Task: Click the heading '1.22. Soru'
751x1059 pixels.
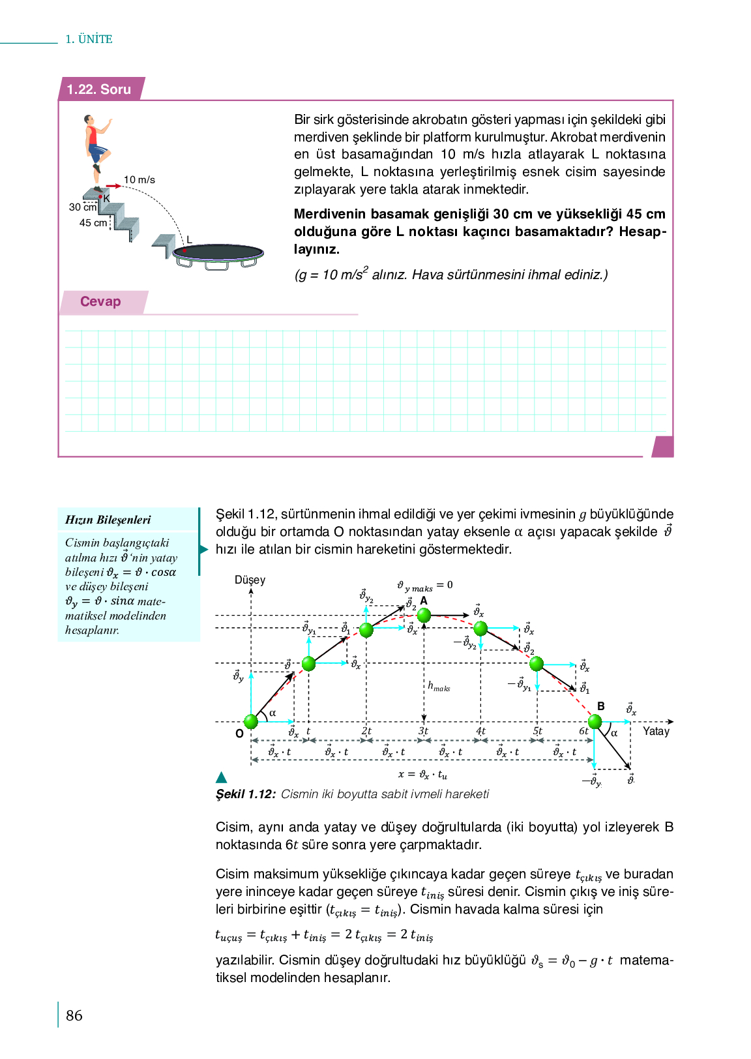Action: tap(99, 89)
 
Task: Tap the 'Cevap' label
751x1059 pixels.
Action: tap(100, 301)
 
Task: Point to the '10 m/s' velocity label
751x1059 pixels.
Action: tap(140, 180)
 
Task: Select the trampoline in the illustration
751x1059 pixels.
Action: tap(218, 254)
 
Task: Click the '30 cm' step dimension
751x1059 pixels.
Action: tap(82, 207)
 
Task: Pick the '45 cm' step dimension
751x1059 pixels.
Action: tap(93, 223)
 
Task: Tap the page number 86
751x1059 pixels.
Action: tap(74, 1015)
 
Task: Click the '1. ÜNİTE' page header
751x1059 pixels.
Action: tap(89, 39)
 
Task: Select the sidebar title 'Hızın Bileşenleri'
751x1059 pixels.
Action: tap(108, 520)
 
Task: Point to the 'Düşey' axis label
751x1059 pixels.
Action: tap(250, 580)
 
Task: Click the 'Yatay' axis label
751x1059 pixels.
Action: tap(656, 731)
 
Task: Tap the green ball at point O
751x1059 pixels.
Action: tap(251, 721)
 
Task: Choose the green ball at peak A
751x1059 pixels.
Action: tap(424, 615)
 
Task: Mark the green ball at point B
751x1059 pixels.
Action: tap(595, 721)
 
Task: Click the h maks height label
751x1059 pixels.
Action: tap(439, 686)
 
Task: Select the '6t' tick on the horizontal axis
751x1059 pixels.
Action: tap(583, 731)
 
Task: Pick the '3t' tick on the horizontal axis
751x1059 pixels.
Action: tap(423, 731)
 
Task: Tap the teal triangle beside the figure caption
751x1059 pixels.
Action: tap(222, 777)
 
